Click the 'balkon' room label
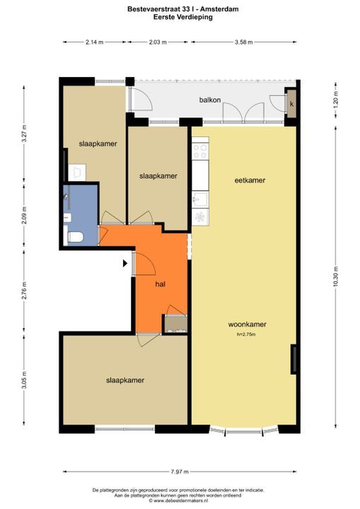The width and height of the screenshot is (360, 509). point(210,100)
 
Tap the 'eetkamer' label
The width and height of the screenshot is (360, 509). point(250,180)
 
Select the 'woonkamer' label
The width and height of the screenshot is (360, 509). point(248,324)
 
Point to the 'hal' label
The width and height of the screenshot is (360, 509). point(161,284)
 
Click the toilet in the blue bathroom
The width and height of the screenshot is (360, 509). point(74,237)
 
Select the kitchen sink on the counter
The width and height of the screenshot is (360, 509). point(200,199)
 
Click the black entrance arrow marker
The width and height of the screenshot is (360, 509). point(125,263)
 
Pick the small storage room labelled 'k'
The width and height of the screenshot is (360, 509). point(291,104)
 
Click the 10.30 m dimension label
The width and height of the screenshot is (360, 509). point(336,276)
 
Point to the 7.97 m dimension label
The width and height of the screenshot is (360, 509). point(180,472)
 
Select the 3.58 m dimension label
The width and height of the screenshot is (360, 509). point(244,42)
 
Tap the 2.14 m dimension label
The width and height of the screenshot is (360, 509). point(95,42)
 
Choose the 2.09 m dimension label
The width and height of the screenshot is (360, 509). point(24,215)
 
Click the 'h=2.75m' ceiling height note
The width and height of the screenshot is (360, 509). point(246,334)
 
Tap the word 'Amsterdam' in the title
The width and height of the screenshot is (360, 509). point(223,9)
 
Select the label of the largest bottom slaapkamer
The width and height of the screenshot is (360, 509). point(125,380)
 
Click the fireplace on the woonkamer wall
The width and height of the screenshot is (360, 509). point(294,359)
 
